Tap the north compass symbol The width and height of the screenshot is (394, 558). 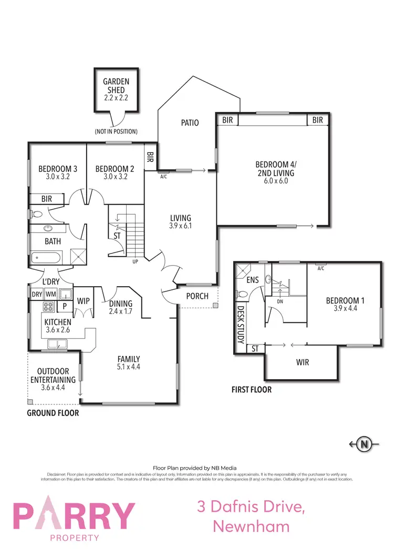pyautogui.click(x=364, y=444)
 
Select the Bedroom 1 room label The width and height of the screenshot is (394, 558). pyautogui.click(x=345, y=301)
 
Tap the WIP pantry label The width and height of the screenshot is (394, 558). pyautogui.click(x=84, y=301)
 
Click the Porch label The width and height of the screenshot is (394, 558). pyautogui.click(x=197, y=296)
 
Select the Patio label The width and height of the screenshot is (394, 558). pyautogui.click(x=190, y=123)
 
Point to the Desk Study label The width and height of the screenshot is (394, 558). pyautogui.click(x=241, y=325)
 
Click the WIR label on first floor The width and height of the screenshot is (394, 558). pyautogui.click(x=302, y=362)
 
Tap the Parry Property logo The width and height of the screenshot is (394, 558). pyautogui.click(x=74, y=515)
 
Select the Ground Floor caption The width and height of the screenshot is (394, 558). pyautogui.click(x=53, y=413)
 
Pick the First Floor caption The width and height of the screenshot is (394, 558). pyautogui.click(x=252, y=390)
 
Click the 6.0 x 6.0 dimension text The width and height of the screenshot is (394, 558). pyautogui.click(x=275, y=180)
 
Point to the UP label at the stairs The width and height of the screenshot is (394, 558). pyautogui.click(x=135, y=260)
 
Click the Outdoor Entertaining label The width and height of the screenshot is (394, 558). pyautogui.click(x=53, y=379)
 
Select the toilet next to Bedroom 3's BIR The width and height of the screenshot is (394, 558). pyautogui.click(x=37, y=215)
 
